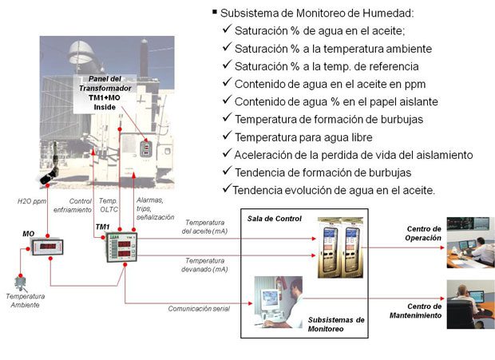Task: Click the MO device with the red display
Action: coord(47,247)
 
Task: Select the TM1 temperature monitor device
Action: coord(121,247)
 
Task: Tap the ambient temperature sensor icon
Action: coord(21,283)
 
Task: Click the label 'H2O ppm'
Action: coord(32,201)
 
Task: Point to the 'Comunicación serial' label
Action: coord(199,309)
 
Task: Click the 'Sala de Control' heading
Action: coord(275,219)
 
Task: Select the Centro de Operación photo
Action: coord(471,243)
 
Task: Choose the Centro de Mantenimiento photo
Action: coord(471,304)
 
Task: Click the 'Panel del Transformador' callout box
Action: coord(105,93)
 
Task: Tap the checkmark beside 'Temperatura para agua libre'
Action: coord(227,136)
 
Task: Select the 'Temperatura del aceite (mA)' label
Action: coord(204,227)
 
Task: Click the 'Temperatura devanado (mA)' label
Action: coord(204,265)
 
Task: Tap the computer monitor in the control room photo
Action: coord(270,299)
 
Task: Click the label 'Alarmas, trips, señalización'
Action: coord(155,208)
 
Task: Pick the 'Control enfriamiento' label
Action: coord(73,205)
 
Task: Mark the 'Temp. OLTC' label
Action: coord(109,205)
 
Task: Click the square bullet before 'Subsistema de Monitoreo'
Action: coord(215,12)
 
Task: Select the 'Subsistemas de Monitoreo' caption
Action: coord(336,324)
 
